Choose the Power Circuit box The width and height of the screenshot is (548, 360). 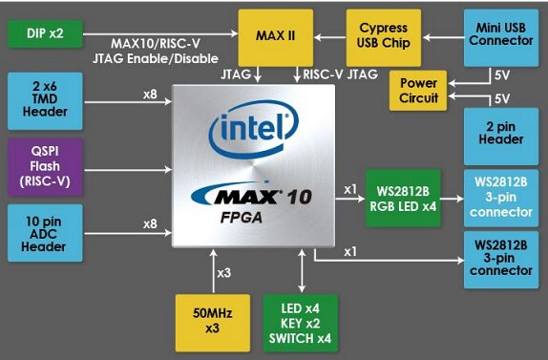[418, 91]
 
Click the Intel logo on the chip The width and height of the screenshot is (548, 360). [250, 129]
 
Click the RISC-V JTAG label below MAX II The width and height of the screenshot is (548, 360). [335, 72]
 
